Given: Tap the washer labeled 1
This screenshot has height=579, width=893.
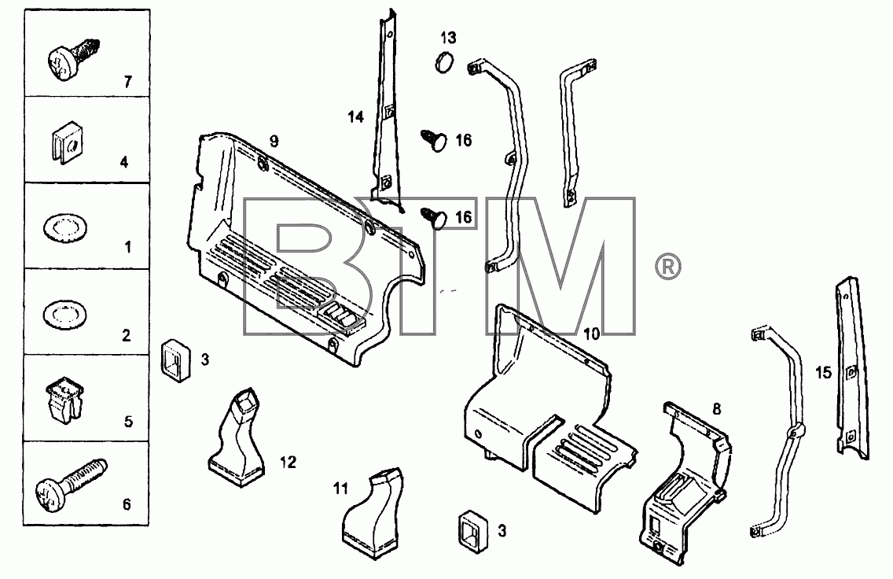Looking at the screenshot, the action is point(65,228).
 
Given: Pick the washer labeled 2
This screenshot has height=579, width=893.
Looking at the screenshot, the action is point(65,315).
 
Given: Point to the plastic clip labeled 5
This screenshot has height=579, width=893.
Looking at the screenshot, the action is point(64,398).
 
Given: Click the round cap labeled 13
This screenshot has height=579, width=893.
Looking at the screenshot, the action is point(445,61).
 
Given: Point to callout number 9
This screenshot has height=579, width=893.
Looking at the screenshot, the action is point(274,141).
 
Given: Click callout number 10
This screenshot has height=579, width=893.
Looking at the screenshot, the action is point(592,334).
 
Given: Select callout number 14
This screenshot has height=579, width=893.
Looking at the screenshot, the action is point(356,117).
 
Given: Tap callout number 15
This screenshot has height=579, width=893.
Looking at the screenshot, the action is point(824,373).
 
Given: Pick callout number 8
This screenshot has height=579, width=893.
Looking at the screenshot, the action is point(716,408).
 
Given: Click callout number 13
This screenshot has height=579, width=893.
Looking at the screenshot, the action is point(448,38).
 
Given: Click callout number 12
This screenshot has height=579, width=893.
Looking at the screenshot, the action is point(288,462).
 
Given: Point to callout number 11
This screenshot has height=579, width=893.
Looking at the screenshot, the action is point(340,489).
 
